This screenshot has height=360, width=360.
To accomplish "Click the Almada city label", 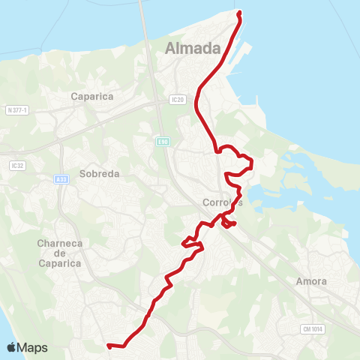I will (x=193, y=49).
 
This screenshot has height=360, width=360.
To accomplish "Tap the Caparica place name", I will (x=91, y=96).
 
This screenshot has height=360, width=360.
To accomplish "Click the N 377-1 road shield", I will (x=16, y=110).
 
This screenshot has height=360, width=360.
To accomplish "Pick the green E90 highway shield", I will (x=163, y=140).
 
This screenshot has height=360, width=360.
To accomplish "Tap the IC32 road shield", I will (x=17, y=164).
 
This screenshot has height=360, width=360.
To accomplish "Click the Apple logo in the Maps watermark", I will (x=11, y=347).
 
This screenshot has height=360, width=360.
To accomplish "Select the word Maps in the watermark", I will (x=32, y=347).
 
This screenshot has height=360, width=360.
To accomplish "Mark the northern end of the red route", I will (x=238, y=13).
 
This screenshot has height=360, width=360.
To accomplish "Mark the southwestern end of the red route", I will (x=109, y=346).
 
